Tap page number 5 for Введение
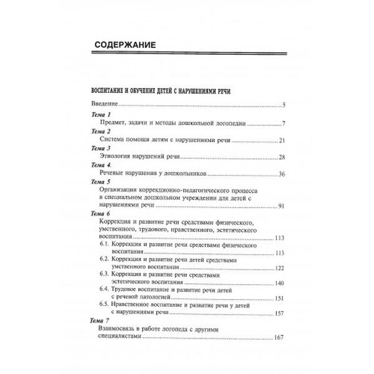click(x=283, y=105)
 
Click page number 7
click(x=283, y=124)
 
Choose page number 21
click(x=282, y=140)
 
